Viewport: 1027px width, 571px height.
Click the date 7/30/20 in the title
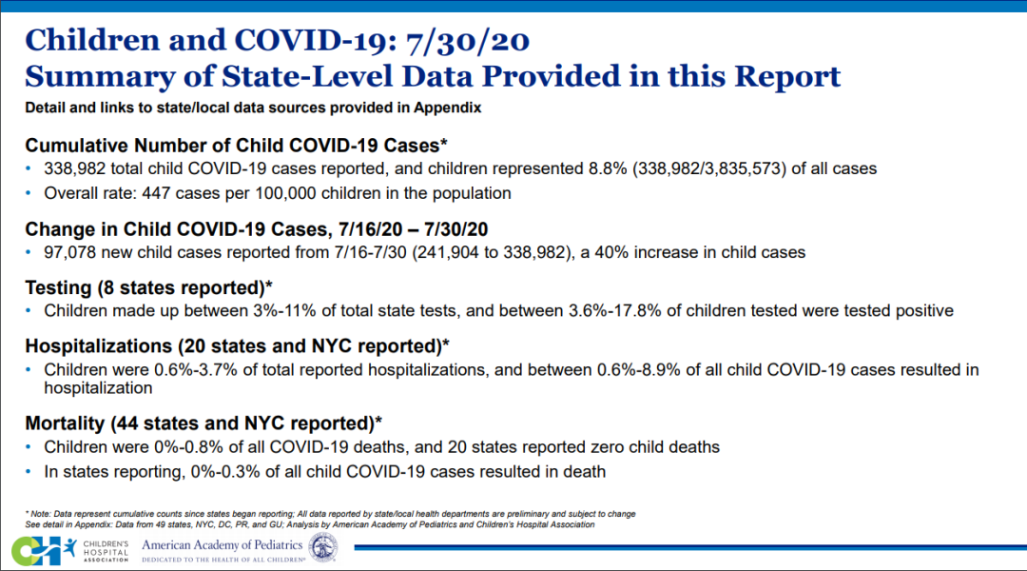pyautogui.click(x=467, y=40)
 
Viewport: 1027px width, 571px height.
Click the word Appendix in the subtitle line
pyautogui.click(x=447, y=108)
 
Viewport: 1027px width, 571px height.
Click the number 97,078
pyautogui.click(x=69, y=252)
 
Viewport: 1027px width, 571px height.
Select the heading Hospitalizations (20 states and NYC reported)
pyautogui.click(x=237, y=345)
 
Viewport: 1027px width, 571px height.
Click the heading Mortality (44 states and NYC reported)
pyautogui.click(x=203, y=423)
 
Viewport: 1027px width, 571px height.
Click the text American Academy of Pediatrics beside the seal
pyautogui.click(x=222, y=545)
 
